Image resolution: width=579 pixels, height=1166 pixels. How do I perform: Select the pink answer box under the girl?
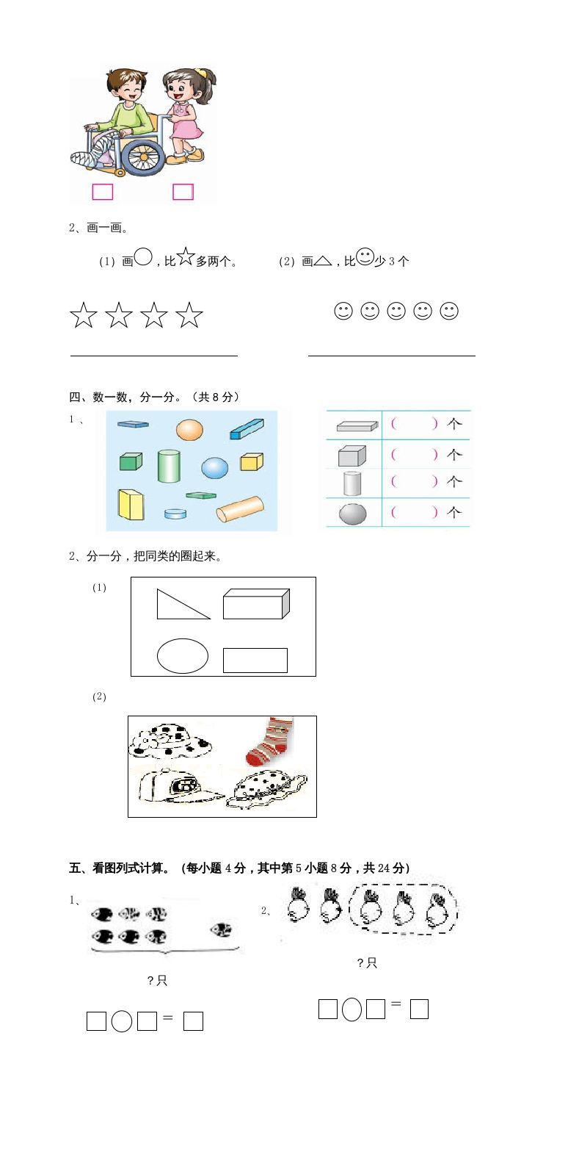(x=183, y=192)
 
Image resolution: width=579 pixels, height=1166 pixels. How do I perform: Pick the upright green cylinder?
(x=169, y=466)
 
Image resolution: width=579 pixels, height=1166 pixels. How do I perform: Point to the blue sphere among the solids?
(x=215, y=467)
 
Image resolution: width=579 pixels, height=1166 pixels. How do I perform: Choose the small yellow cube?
(x=252, y=461)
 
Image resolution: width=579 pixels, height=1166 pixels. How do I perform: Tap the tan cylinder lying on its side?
(x=239, y=509)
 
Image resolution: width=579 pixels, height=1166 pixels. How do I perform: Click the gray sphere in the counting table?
(x=352, y=513)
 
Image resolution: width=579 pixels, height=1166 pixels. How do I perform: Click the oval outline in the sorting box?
(x=183, y=655)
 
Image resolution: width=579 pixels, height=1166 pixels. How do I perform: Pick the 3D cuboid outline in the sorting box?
(x=256, y=603)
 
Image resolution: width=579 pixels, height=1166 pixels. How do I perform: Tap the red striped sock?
(x=270, y=741)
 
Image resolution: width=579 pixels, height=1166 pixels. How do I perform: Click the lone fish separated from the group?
(x=220, y=930)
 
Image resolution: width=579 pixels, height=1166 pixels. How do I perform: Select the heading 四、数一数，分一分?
(x=154, y=397)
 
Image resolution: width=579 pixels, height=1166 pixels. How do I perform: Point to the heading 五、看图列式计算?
(x=238, y=868)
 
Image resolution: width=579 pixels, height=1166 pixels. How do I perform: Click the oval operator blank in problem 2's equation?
(x=352, y=1010)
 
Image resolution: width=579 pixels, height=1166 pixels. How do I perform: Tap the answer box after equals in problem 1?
(x=193, y=1021)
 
